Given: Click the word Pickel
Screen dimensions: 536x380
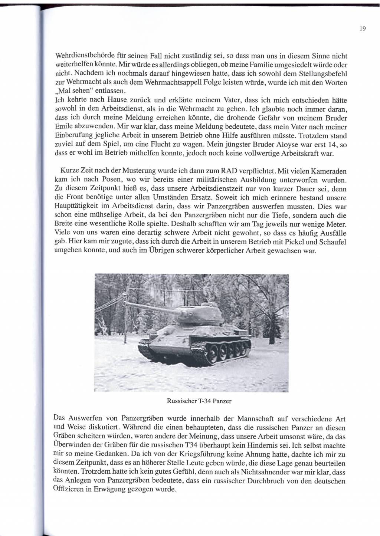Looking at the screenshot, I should click(285, 242).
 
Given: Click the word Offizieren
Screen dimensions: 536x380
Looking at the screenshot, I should click(71, 490).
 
